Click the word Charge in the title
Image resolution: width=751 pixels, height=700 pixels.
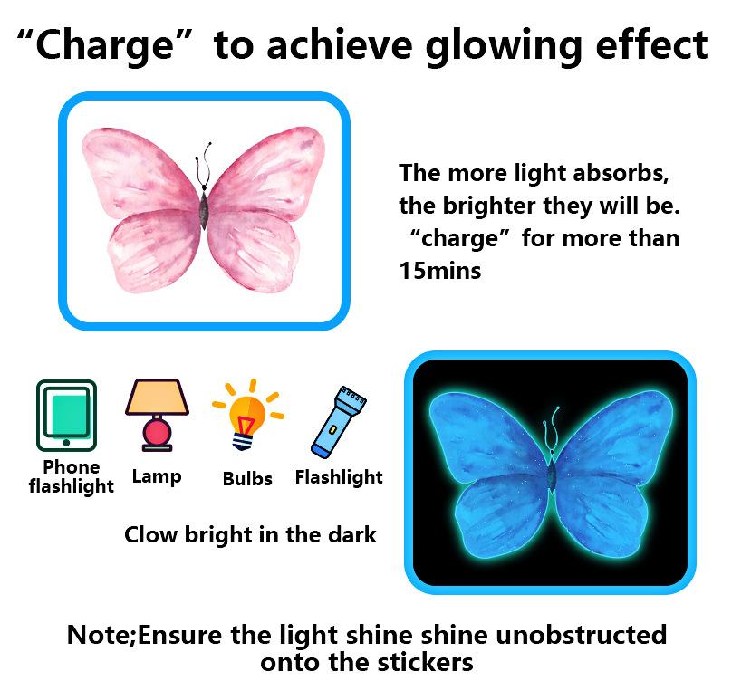(x=104, y=46)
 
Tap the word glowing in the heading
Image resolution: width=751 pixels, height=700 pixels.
(x=504, y=46)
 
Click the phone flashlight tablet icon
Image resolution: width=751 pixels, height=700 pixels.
(x=66, y=416)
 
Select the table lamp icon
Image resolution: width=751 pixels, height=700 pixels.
(x=157, y=415)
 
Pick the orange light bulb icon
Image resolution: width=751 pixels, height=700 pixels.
(x=248, y=415)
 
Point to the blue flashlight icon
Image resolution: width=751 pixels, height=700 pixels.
(x=338, y=421)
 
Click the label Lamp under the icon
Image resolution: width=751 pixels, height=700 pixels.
(x=157, y=477)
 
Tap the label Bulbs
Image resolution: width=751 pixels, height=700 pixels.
(x=247, y=479)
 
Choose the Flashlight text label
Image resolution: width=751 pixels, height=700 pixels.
(x=339, y=477)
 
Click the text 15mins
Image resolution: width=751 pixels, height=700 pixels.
(x=440, y=271)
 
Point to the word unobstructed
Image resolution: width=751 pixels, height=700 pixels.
(x=581, y=636)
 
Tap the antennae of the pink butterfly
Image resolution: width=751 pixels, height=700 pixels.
(x=204, y=164)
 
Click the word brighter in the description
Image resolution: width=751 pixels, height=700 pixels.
(x=489, y=206)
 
